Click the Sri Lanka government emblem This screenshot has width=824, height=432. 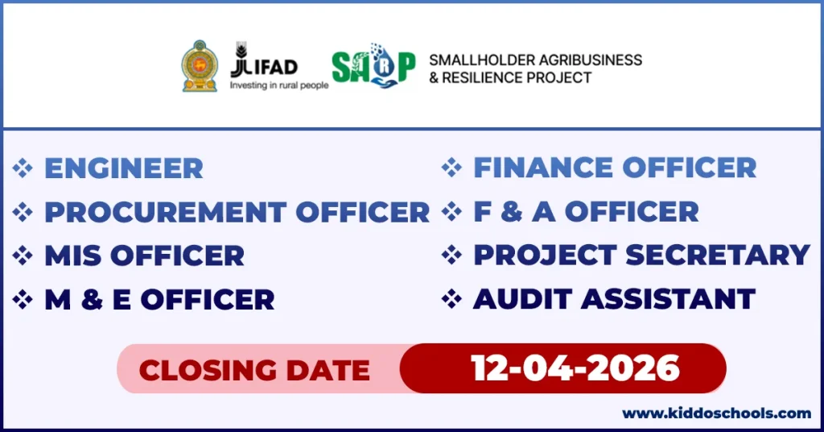pyautogui.click(x=199, y=66)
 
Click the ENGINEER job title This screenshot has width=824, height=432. pyautogui.click(x=123, y=168)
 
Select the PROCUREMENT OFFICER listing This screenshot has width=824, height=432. pyautogui.click(x=237, y=212)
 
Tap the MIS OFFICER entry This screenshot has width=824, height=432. pyautogui.click(x=144, y=255)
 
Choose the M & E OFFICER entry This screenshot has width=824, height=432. pyautogui.click(x=159, y=299)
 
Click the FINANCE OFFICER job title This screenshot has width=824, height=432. pyautogui.click(x=614, y=168)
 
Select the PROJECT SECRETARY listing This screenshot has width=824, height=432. pyautogui.click(x=641, y=255)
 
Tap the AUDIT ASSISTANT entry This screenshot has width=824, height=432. pyautogui.click(x=613, y=298)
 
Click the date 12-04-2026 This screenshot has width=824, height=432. pyautogui.click(x=575, y=368)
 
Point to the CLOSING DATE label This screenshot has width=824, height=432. pyautogui.click(x=254, y=370)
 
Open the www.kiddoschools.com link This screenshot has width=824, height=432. pyautogui.click(x=716, y=413)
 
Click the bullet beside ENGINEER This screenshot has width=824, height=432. pyautogui.click(x=23, y=168)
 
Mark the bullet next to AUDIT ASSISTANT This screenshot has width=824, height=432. pyautogui.click(x=452, y=298)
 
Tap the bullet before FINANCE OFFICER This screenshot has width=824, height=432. pyautogui.click(x=452, y=168)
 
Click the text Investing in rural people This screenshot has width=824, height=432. pyautogui.click(x=278, y=84)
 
